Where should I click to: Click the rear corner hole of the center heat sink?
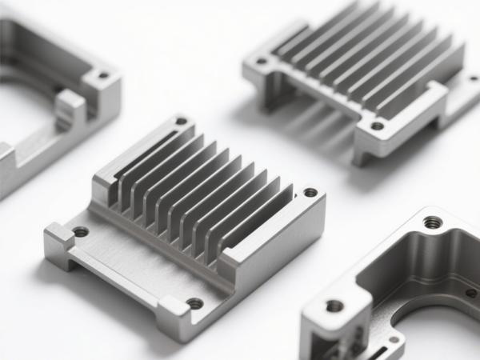click(182, 122)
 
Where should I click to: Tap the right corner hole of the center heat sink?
click(310, 192)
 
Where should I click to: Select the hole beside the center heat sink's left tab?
click(81, 232)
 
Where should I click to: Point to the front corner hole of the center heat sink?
click(195, 303)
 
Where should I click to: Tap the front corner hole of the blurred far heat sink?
click(377, 126)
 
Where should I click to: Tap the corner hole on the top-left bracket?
click(102, 77)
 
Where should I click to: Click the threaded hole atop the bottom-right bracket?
click(432, 222)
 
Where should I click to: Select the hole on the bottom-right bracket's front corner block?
click(335, 306)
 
